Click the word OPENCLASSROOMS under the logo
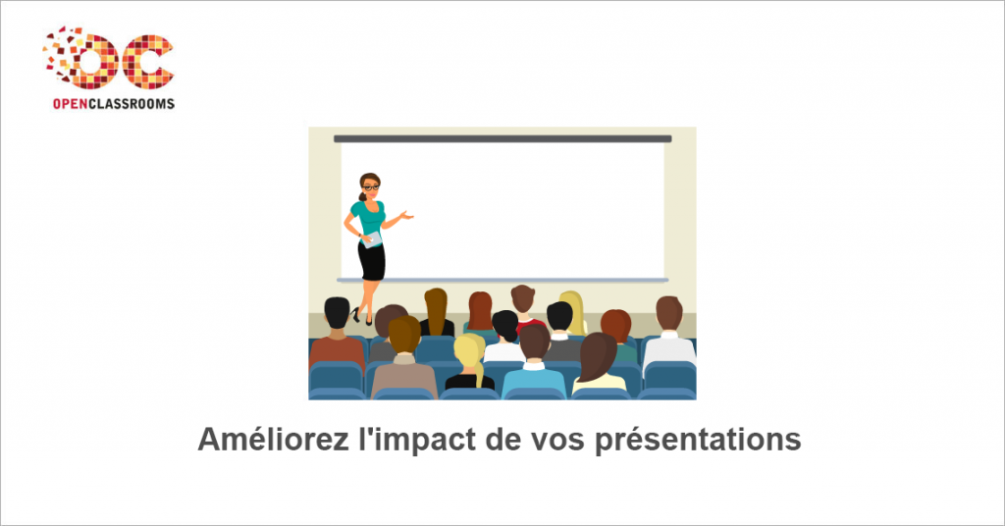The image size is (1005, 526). pyautogui.click(x=114, y=104)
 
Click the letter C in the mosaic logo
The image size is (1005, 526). pyautogui.click(x=148, y=62)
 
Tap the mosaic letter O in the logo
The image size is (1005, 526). pyautogui.click(x=93, y=62)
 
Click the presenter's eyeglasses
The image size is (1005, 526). pyautogui.click(x=371, y=187)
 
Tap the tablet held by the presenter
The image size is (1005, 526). pyautogui.click(x=371, y=239)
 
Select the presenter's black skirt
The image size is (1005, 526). pyautogui.click(x=372, y=261)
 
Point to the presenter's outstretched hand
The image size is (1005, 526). pyautogui.click(x=405, y=215)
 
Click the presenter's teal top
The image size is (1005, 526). pyautogui.click(x=369, y=218)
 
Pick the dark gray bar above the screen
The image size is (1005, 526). pyautogui.click(x=502, y=138)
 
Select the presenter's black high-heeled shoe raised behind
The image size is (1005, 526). pyautogui.click(x=355, y=315)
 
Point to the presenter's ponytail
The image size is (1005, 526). pyautogui.click(x=363, y=195)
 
